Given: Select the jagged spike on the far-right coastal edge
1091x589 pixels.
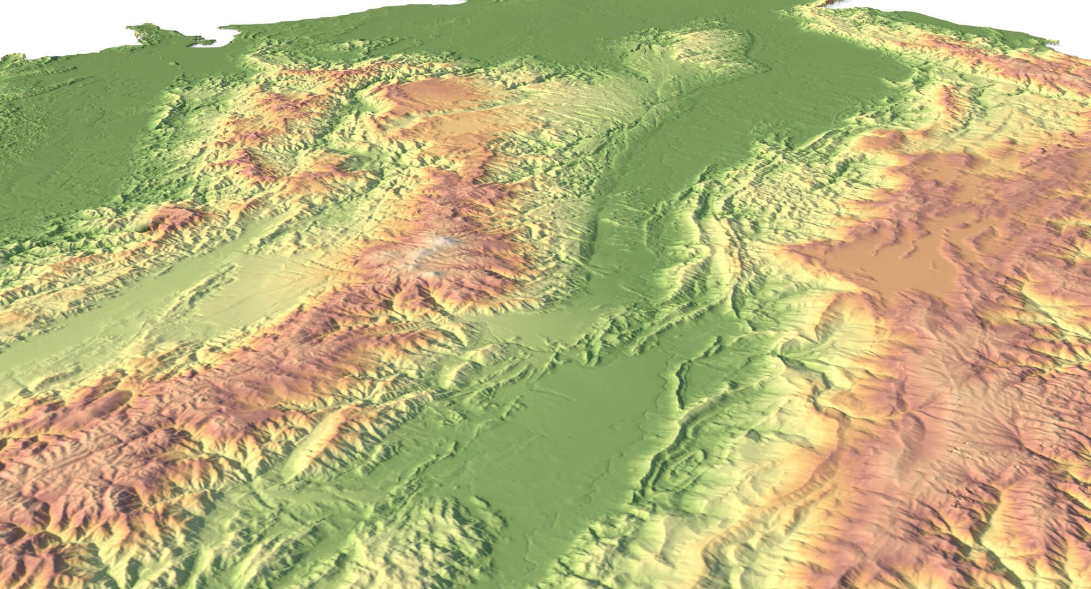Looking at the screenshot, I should tap(1086, 41).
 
